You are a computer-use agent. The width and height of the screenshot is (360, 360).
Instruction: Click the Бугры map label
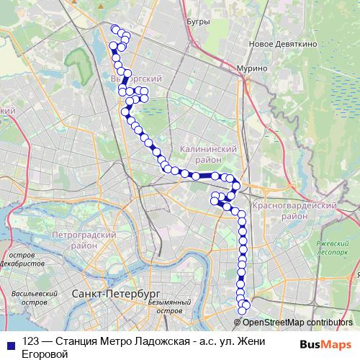coord(197,22)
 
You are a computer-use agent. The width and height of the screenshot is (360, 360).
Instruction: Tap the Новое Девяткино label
coord(274,44)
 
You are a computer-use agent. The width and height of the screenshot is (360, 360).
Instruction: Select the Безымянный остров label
coord(168,307)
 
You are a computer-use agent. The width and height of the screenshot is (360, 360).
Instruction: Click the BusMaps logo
coord(326,343)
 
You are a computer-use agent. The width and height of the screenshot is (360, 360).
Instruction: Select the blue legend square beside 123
coord(10,343)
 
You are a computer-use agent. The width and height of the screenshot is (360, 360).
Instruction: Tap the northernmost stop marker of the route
coord(115,29)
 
